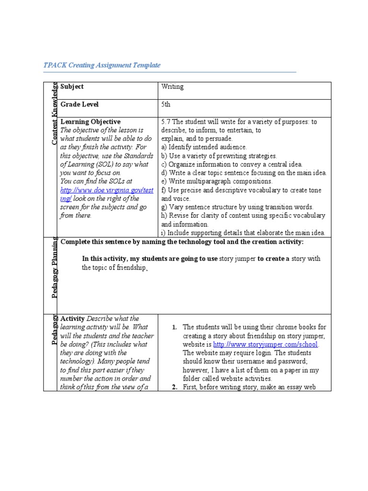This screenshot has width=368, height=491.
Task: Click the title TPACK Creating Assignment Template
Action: coord(102,65)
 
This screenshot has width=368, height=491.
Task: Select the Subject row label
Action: coord(72,87)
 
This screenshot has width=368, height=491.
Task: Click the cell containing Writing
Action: coord(172,87)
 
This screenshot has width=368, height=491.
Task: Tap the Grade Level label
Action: coord(79,104)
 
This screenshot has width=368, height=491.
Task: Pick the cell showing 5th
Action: coord(166,104)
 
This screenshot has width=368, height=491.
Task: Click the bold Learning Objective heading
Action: coord(90,122)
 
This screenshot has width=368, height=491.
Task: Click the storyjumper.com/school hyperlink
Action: coord(265,345)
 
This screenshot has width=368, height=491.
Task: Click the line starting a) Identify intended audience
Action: coord(204,147)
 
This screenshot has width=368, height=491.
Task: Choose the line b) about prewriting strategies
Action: coord(219,156)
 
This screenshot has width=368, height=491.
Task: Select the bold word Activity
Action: coord(72,318)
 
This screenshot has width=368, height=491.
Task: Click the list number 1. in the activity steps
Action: coord(175,327)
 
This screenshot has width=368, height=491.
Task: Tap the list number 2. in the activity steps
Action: coord(175,388)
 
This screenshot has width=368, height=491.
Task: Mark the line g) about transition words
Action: coord(237,207)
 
